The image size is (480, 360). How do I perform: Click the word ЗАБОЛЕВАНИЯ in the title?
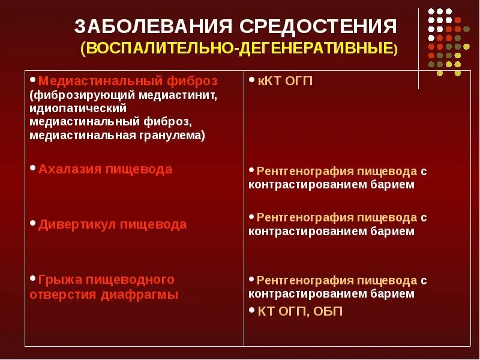[x=154, y=27]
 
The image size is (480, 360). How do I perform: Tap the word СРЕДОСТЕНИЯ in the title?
[x=319, y=27]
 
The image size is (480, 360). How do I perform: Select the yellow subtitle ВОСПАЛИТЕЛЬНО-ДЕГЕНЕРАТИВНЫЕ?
[x=239, y=49]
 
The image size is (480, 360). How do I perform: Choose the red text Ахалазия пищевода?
[x=105, y=169]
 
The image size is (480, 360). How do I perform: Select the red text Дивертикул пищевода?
[x=112, y=224]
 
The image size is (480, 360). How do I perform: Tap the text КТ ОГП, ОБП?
[x=301, y=311]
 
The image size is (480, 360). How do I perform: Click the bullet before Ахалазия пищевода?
[x=32, y=169]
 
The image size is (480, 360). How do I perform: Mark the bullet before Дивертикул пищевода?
[x=32, y=223]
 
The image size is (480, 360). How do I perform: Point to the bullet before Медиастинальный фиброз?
[x=32, y=80]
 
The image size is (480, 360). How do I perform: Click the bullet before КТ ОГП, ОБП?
[x=252, y=310]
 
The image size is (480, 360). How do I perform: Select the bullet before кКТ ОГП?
[x=252, y=80]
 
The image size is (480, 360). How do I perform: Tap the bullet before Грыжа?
[x=32, y=278]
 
